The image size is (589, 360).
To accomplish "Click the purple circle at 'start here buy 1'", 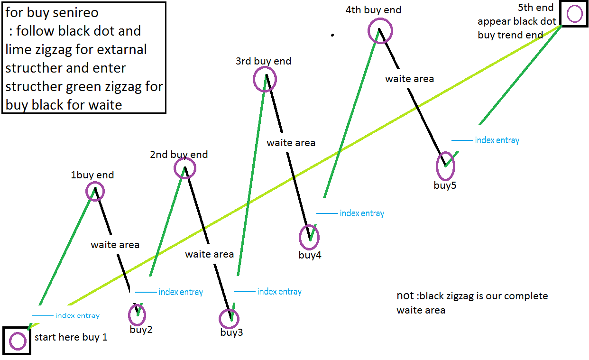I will coord(18,341).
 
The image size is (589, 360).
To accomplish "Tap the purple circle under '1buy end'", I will coord(95,192).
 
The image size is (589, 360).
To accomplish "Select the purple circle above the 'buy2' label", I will coord(137,314).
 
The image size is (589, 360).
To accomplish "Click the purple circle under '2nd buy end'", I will coord(184,168).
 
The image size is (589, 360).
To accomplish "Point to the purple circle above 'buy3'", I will coord(230,319).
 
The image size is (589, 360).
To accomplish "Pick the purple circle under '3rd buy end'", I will coord(265,79).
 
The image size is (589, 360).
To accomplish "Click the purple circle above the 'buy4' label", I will coord(309,236).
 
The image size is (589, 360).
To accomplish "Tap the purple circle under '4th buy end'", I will coord(380,30).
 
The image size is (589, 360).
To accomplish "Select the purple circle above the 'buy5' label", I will coord(445,165).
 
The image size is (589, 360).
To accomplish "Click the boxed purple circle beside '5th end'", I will coord(574,14).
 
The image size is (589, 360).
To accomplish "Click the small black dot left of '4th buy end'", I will coord(332,35).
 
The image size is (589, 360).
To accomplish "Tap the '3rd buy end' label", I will coord(263,61).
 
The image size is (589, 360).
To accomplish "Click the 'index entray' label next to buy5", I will coord(497,140).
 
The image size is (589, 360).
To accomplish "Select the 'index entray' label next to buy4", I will coord(362,213).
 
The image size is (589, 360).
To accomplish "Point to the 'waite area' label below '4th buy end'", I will coord(409,79).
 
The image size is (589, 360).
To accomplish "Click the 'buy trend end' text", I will coord(510,35).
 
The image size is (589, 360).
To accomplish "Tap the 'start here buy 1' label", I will coord(71,337).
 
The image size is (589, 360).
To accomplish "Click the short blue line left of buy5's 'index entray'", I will coord(462,140).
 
